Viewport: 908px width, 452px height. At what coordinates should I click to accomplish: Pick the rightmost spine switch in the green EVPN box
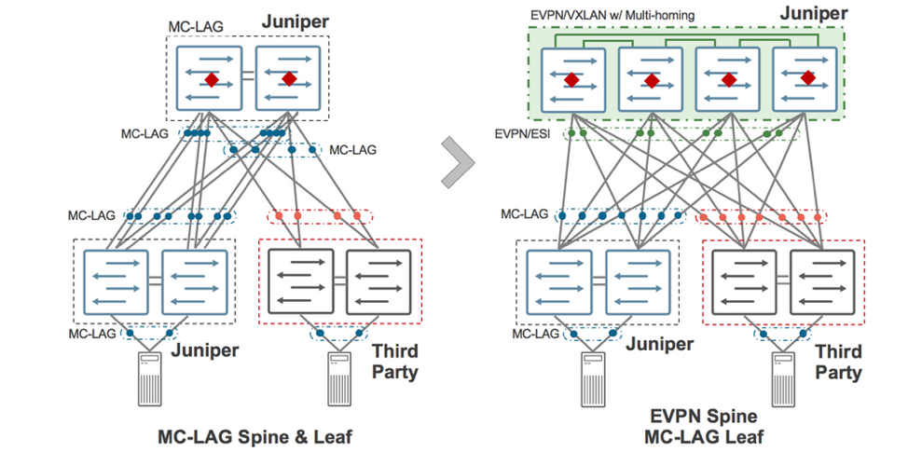[x=805, y=81]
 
